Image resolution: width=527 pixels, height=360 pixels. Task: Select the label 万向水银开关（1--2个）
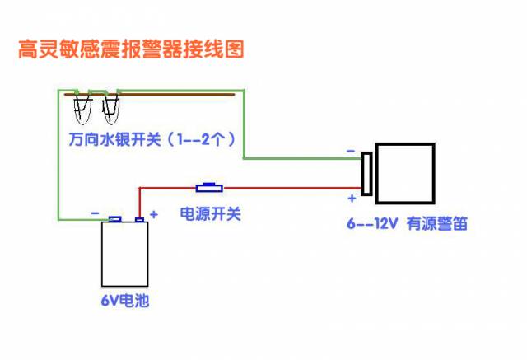coord(152,140)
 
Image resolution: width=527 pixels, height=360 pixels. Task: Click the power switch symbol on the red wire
coord(209,186)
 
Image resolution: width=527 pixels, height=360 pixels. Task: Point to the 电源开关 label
coord(210,214)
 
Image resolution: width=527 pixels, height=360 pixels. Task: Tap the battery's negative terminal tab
coord(115,219)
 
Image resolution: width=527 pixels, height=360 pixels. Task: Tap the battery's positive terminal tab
coord(139,219)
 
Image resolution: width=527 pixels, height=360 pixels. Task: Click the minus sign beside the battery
coord(96,213)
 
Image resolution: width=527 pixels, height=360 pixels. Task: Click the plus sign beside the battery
coord(154,214)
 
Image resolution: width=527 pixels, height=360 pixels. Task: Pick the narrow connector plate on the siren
coord(370,175)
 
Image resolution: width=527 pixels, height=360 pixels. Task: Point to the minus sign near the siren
coord(351,152)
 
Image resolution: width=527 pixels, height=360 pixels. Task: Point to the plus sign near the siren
coord(352,199)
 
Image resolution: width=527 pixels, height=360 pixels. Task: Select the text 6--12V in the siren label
coord(373,223)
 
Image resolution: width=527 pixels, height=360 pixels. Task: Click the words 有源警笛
coord(437,223)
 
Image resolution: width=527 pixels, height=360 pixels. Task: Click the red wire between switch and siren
coord(288,186)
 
